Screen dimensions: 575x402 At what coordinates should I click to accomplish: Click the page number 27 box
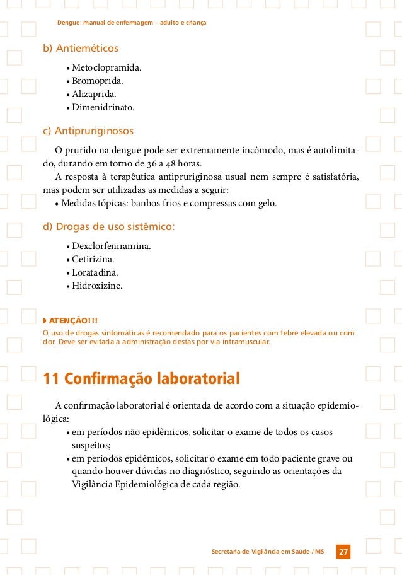tap(343, 552)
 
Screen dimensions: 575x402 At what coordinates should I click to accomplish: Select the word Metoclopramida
tap(106, 67)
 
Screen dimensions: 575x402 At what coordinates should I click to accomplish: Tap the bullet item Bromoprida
tap(98, 81)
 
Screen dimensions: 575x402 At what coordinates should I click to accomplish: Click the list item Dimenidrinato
tap(103, 108)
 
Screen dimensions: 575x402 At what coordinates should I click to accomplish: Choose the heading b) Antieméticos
tap(80, 49)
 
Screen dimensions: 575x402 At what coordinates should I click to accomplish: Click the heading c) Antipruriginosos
tap(88, 131)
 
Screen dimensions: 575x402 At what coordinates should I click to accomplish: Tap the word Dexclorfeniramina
tap(111, 245)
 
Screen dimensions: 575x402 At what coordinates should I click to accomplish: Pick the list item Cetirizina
tap(95, 259)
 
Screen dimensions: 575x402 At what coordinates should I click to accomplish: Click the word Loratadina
tap(95, 272)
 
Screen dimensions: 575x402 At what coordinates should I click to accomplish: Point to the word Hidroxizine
tap(97, 286)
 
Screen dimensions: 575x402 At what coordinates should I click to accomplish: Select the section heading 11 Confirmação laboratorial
tap(141, 379)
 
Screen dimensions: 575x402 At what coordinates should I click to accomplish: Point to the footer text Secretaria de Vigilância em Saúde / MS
tap(268, 552)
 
